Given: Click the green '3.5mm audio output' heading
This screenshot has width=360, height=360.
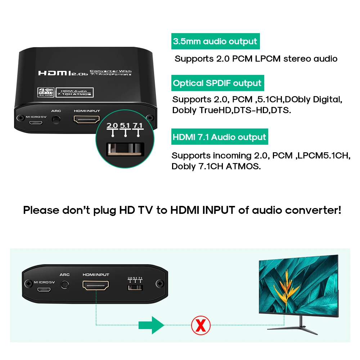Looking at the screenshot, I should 215,41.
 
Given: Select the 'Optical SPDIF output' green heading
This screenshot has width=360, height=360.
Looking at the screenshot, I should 217,83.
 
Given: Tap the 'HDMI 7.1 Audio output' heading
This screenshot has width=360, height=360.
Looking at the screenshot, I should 219,137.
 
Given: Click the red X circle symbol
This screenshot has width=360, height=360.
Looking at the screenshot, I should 201,325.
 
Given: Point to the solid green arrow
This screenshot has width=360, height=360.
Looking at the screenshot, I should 152,325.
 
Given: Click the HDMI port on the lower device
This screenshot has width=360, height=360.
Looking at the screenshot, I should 96,286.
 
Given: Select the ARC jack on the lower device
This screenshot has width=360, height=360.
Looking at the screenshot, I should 65,284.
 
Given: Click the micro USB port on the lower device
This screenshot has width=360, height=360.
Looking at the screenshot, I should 44,289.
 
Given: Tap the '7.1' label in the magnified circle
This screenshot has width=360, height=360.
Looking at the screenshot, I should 138,126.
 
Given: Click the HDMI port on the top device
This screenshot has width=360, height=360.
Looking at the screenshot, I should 86,120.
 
